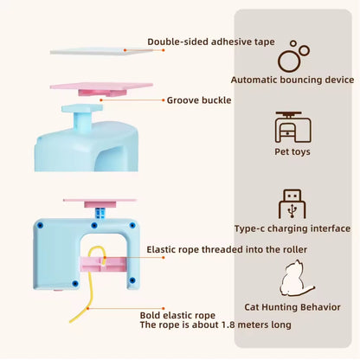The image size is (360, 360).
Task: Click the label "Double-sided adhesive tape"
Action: (x=211, y=42)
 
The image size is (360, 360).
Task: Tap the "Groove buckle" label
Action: (x=199, y=100)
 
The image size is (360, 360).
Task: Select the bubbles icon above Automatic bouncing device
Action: (x=293, y=56)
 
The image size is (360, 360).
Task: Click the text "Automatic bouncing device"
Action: (x=292, y=80)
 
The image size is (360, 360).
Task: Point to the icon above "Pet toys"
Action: (x=292, y=127)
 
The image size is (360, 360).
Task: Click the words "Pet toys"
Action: (x=292, y=151)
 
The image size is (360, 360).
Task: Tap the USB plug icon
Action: (x=292, y=204)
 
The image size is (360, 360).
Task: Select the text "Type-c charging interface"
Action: (x=292, y=228)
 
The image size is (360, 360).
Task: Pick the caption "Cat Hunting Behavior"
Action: (x=292, y=307)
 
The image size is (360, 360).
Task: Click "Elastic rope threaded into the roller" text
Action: (x=227, y=249)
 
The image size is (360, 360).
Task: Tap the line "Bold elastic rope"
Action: (x=177, y=315)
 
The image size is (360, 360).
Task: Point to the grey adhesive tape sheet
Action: (x=101, y=51)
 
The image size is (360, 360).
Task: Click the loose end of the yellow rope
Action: (x=70, y=322)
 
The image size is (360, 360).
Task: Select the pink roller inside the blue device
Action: (x=103, y=265)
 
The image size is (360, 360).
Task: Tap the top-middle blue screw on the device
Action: (x=93, y=225)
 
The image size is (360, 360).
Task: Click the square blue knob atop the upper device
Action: (x=82, y=108)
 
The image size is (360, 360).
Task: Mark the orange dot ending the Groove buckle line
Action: (x=101, y=100)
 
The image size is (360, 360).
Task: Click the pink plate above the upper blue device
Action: (x=101, y=86)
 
